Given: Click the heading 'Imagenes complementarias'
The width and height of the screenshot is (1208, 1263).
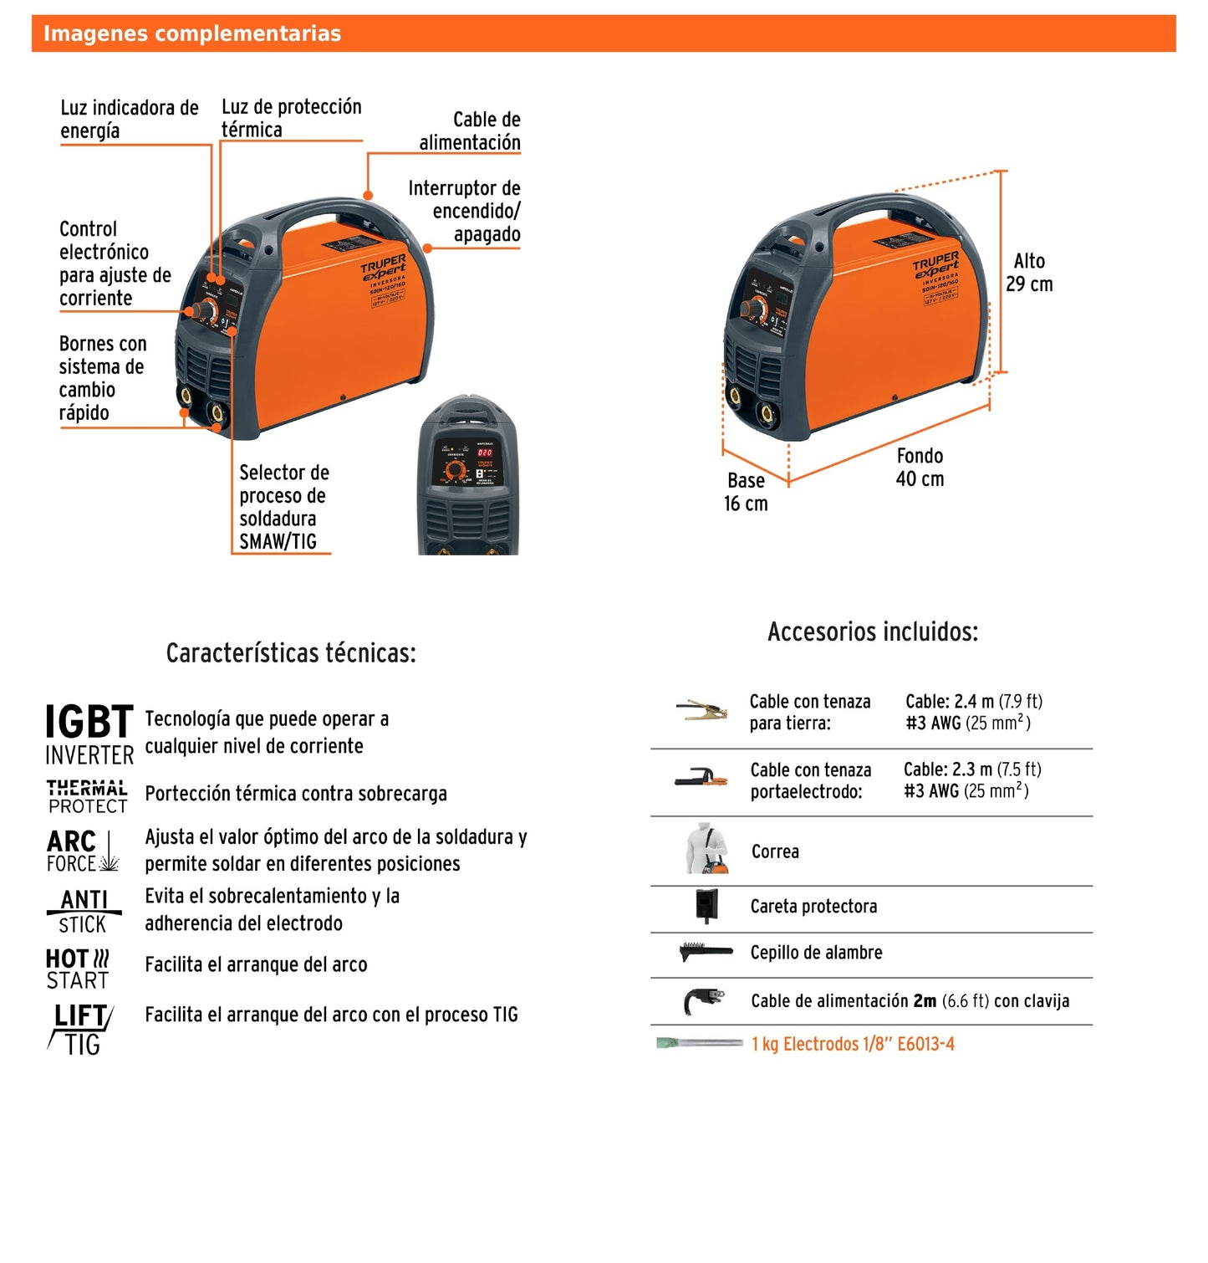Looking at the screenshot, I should point(192,33).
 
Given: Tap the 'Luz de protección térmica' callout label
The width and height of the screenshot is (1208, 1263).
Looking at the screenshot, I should point(291,118).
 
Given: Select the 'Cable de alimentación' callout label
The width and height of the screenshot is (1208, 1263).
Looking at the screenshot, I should point(469,131).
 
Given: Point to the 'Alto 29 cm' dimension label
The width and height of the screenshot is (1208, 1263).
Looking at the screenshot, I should point(1029,273).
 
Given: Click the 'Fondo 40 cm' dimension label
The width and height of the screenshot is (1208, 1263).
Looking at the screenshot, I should point(920,468).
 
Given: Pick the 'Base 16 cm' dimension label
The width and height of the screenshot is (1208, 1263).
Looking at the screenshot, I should point(746,492).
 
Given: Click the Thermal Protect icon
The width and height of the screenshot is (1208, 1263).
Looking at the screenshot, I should point(87,796).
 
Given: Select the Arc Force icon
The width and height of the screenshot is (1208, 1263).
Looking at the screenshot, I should point(82,851).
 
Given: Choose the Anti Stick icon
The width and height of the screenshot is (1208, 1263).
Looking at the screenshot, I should point(84,911).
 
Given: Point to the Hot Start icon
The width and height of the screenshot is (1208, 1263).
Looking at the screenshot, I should point(78,969).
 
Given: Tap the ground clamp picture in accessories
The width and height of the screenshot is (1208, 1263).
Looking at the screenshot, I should point(701,711).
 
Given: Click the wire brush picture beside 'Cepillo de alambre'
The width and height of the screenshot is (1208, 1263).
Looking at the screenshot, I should point(706,952).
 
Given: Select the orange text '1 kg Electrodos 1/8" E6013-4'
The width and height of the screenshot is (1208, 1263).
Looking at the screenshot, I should point(852,1044).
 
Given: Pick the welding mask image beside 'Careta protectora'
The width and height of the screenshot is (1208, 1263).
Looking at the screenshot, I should point(707,905).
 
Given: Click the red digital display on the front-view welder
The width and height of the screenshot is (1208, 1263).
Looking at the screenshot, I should point(484,453).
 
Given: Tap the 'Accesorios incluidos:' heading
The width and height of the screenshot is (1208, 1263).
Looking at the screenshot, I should point(872,631).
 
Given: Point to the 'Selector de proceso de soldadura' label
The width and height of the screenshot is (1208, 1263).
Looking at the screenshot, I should point(283,507).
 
